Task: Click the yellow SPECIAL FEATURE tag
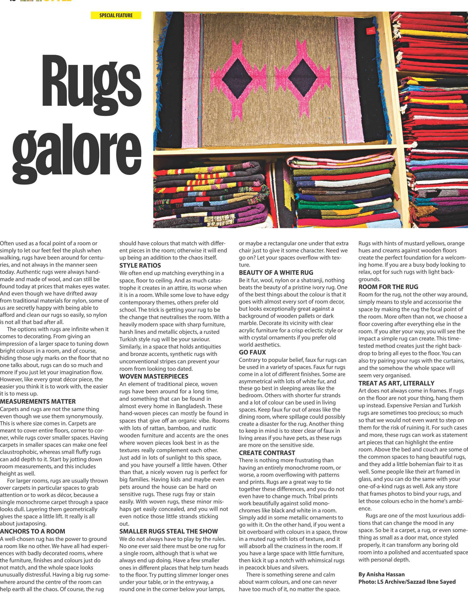[116, 15]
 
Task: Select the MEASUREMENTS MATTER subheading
[38, 402]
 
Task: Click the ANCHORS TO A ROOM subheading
[33, 531]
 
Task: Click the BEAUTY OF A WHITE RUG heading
[276, 273]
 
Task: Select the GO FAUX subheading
[252, 352]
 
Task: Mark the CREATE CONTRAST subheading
[267, 453]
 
